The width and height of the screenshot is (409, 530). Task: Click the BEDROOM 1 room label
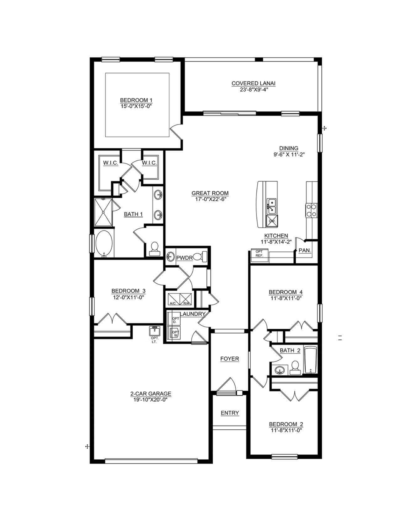pyautogui.click(x=136, y=100)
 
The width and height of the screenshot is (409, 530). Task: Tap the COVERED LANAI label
pyautogui.click(x=253, y=83)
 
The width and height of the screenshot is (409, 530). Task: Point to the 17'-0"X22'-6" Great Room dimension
pyautogui.click(x=210, y=199)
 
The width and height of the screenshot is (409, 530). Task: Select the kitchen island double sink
pyautogui.click(x=271, y=206)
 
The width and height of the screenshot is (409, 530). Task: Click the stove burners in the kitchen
pyautogui.click(x=312, y=210)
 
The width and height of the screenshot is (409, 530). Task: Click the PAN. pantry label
pyautogui.click(x=305, y=250)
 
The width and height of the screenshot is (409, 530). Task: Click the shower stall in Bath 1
pyautogui.click(x=103, y=212)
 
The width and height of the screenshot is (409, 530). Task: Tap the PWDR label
pyautogui.click(x=185, y=258)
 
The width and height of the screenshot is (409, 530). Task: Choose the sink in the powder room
pyautogui.click(x=171, y=257)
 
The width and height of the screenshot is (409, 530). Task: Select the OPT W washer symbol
pyautogui.click(x=174, y=333)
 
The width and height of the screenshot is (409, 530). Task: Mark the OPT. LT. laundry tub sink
pyautogui.click(x=155, y=331)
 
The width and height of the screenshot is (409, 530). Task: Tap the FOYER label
pyautogui.click(x=230, y=359)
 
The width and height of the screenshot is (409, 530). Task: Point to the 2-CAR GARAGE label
pyautogui.click(x=151, y=394)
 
